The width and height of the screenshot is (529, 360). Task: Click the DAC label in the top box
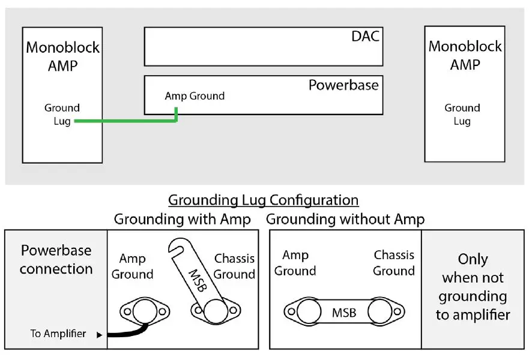coord(365,37)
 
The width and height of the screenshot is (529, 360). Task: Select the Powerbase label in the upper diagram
coord(343,85)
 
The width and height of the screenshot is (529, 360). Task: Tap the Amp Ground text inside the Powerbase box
coord(195,96)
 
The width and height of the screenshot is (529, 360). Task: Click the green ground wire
coord(126,121)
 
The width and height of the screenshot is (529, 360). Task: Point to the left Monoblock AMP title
coord(62,56)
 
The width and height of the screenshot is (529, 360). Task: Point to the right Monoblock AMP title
coord(465,55)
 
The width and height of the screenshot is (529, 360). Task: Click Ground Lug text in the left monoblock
coord(61,115)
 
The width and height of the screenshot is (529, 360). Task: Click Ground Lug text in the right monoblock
coord(462,115)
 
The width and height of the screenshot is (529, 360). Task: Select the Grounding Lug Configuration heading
coord(263,200)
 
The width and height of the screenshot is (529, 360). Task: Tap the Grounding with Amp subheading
coord(182,220)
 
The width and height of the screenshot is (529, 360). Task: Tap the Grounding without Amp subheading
coord(345,220)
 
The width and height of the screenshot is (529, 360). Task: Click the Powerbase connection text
coord(56,259)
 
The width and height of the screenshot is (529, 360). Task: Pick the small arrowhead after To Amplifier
coord(100,335)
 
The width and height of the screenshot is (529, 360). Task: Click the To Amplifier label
coord(58,334)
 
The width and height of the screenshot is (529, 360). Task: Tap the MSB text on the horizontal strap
coord(343,313)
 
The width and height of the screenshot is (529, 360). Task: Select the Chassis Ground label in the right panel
coord(393,263)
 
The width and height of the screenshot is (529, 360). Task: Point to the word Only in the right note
coord(473,259)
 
